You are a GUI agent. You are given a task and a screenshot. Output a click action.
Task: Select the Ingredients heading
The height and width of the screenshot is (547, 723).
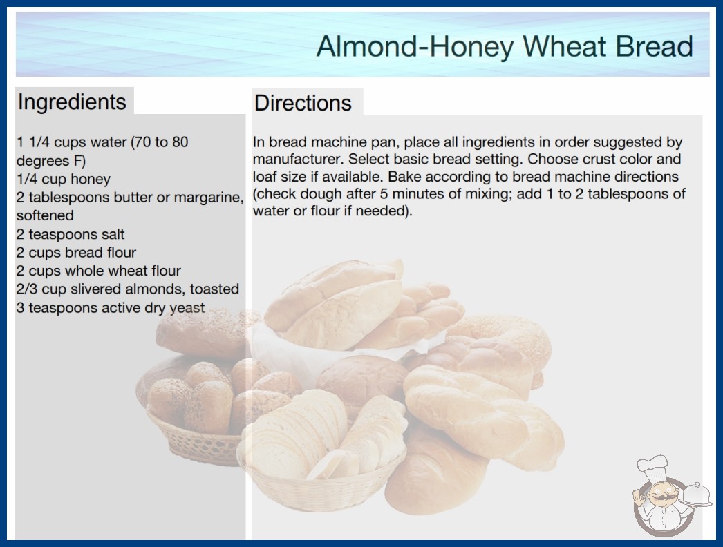[x=72, y=102]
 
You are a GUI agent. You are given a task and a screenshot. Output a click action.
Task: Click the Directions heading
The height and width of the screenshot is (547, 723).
[x=303, y=103]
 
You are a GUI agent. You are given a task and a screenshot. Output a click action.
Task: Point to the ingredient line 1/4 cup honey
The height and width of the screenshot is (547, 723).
[x=64, y=179]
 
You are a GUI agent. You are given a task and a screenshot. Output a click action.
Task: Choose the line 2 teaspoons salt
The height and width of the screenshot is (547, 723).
[x=71, y=234]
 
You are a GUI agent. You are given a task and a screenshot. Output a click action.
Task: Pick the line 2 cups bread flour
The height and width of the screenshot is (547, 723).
[x=77, y=253]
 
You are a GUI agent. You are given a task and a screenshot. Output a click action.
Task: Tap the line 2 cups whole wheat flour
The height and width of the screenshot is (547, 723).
[x=99, y=271]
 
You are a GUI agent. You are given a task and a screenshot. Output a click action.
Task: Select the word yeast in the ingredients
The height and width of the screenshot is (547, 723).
[x=187, y=308]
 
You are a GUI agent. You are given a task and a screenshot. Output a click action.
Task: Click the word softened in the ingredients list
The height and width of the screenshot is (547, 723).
[x=45, y=215]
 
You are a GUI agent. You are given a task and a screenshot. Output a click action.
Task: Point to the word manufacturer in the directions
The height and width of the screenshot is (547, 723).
[x=298, y=160]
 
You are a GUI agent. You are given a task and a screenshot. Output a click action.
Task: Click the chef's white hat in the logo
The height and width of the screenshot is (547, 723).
[x=652, y=468]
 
